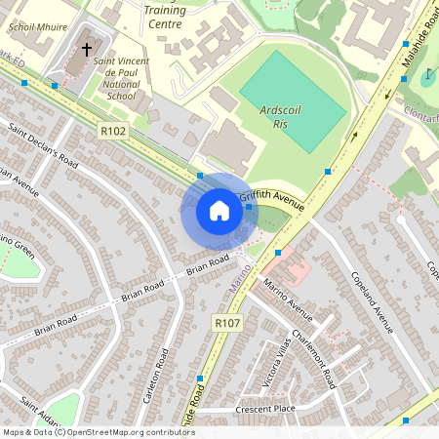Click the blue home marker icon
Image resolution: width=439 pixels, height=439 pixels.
(219, 210)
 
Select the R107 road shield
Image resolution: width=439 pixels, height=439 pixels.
(224, 323)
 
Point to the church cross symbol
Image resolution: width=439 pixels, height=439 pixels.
(86, 48)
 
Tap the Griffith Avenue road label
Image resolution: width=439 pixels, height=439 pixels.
(279, 200)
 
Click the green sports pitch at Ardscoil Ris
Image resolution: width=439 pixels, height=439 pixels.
(293, 88)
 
